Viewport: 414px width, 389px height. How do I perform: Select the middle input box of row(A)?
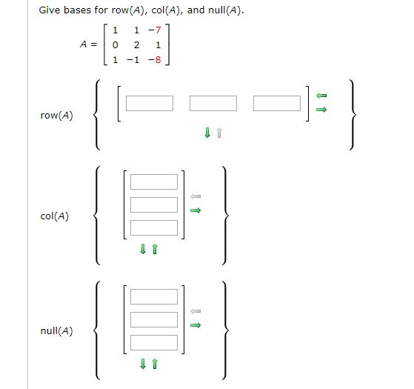coord(213,103)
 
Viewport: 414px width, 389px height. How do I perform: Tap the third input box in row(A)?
coord(277,103)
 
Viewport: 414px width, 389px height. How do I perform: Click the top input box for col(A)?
coord(154,182)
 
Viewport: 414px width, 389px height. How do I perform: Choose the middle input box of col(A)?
coord(154,205)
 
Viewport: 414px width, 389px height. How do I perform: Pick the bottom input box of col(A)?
coord(154,227)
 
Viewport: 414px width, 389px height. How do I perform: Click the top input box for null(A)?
coord(154,296)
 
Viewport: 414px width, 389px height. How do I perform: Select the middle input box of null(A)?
coord(154,319)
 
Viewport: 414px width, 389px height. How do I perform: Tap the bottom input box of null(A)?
coord(154,342)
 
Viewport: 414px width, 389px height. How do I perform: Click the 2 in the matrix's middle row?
coord(136,46)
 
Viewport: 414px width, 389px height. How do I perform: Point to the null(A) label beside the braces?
coord(57,331)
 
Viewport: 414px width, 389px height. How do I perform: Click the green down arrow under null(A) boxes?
coord(144,365)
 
